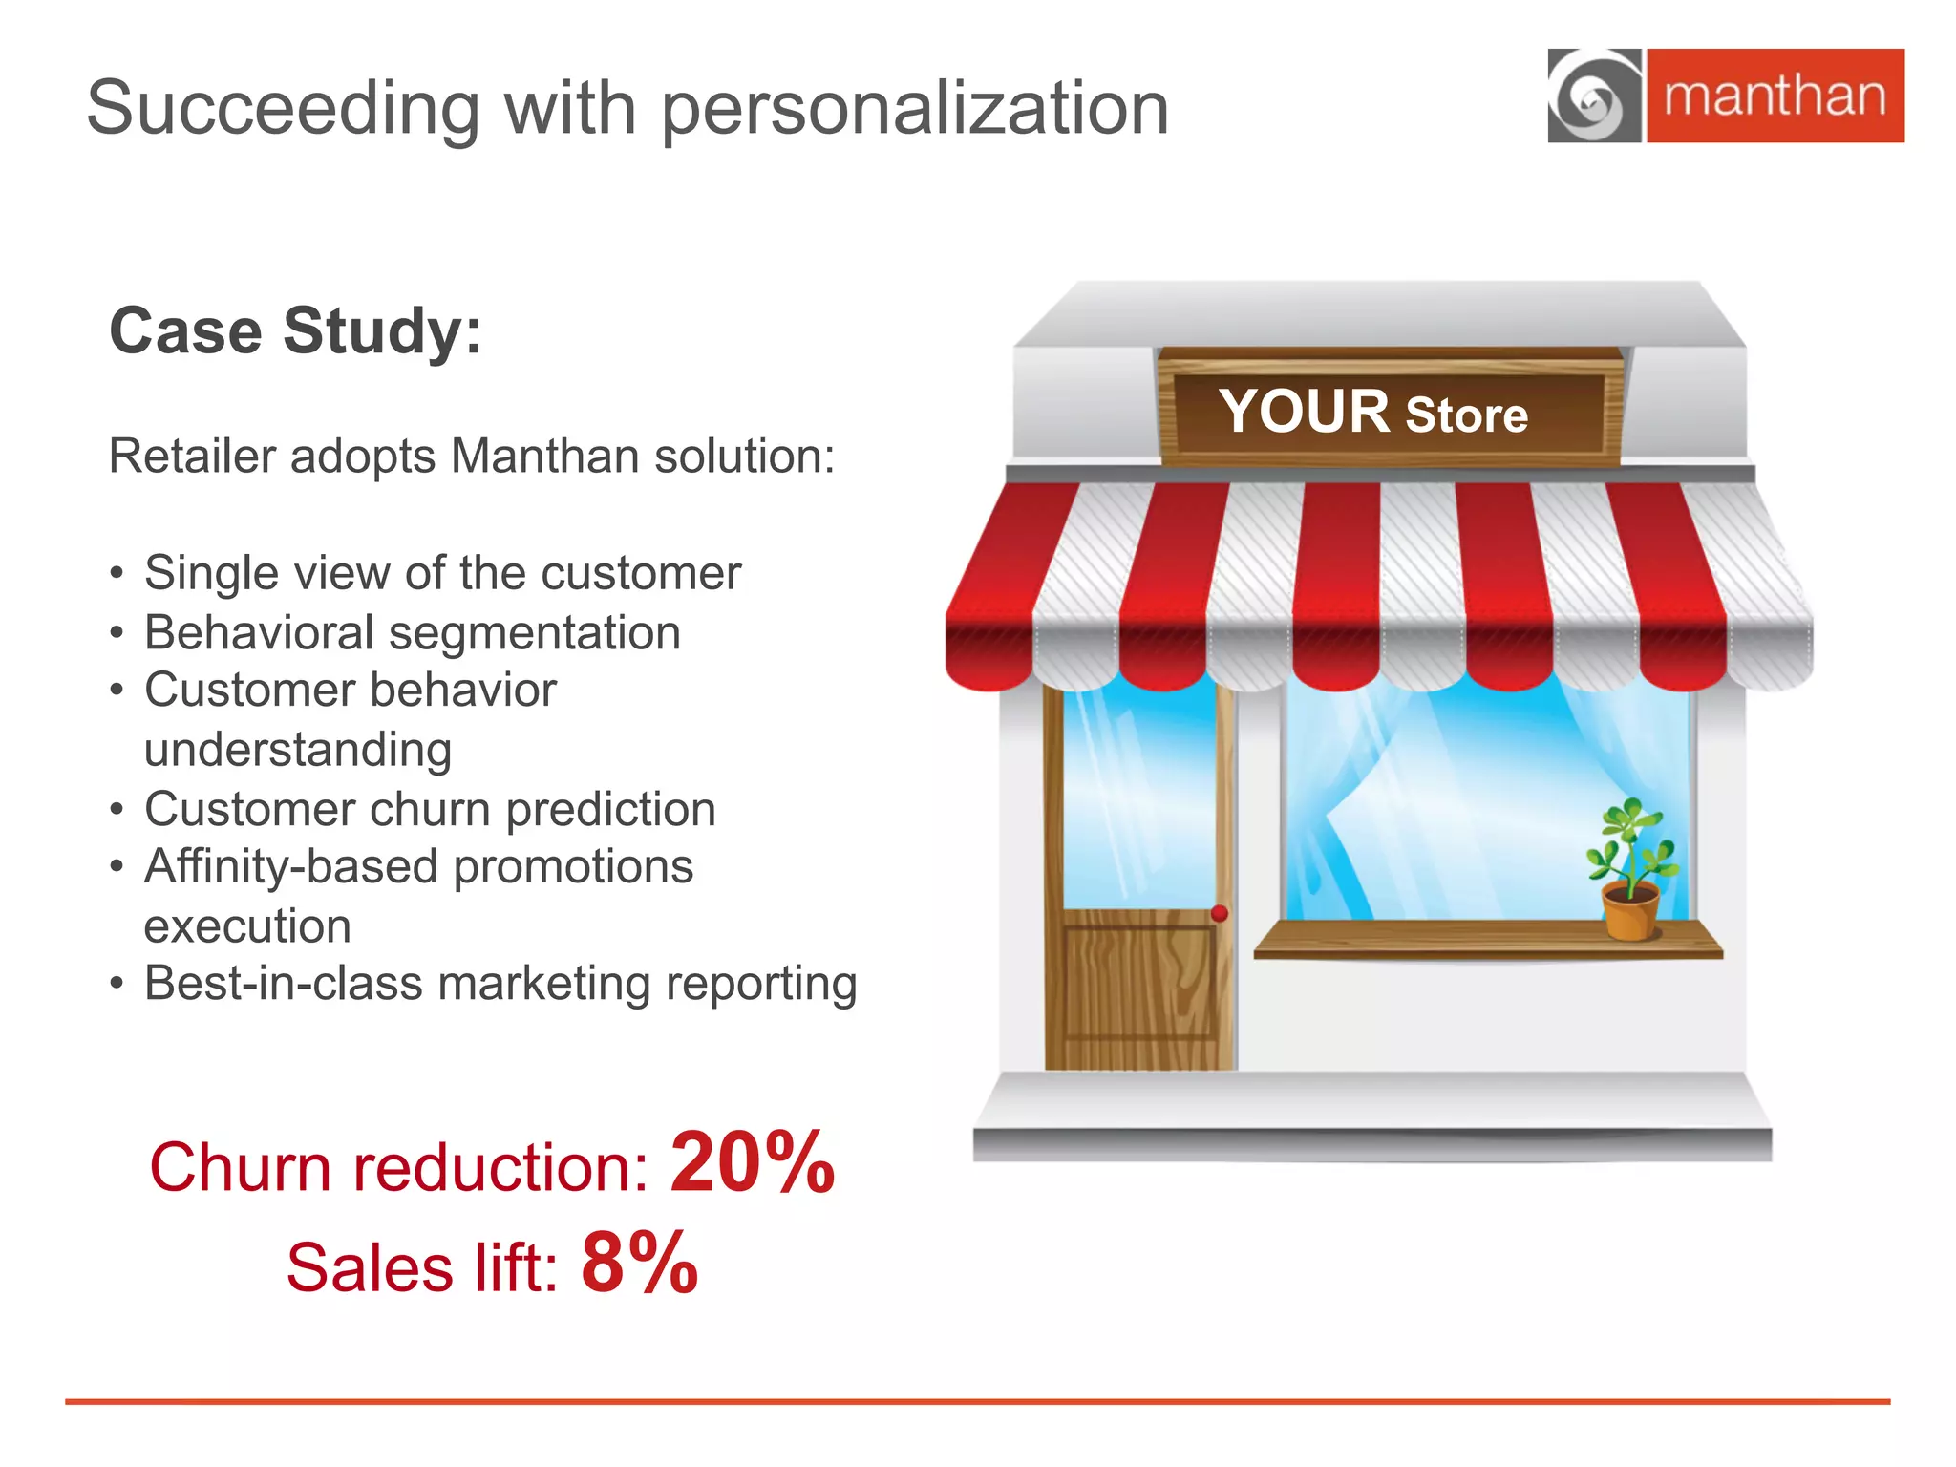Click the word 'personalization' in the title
point(914,108)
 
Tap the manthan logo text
point(1775,96)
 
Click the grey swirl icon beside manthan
point(1593,96)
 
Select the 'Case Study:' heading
point(296,330)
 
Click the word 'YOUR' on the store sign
point(1304,412)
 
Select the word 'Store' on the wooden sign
point(1466,415)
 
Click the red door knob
point(1219,913)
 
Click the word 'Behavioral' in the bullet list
point(259,632)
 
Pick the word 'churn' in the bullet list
point(430,809)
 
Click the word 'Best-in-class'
point(283,983)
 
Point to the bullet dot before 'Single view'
point(117,574)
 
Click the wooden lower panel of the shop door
point(1137,984)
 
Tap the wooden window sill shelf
point(1487,941)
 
